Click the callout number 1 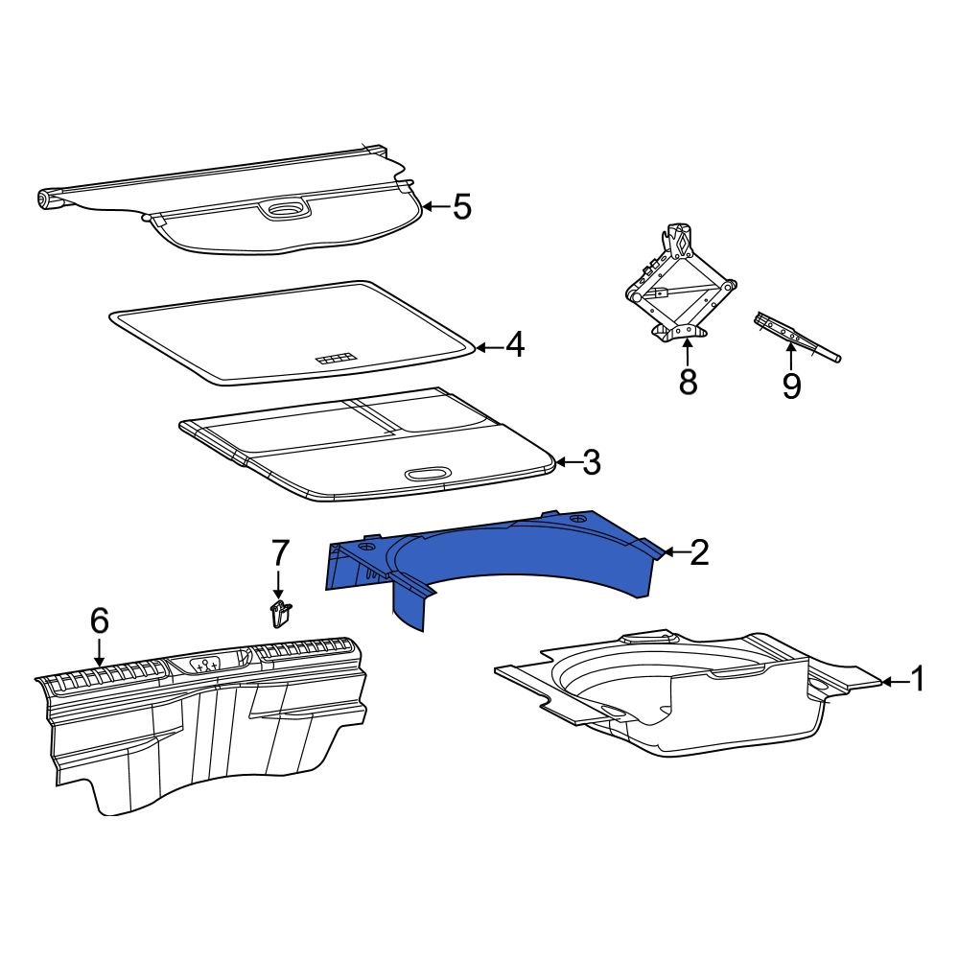pyautogui.click(x=918, y=680)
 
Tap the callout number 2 pyautogui.click(x=699, y=552)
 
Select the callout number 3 pyautogui.click(x=591, y=462)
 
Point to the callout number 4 pyautogui.click(x=515, y=345)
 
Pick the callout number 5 pyautogui.click(x=462, y=206)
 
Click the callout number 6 pyautogui.click(x=99, y=621)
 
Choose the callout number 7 pyautogui.click(x=279, y=552)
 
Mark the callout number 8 pyautogui.click(x=688, y=382)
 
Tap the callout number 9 pyautogui.click(x=791, y=386)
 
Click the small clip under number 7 pyautogui.click(x=280, y=613)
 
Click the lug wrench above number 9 pyautogui.click(x=796, y=337)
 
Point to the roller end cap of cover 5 pyautogui.click(x=44, y=199)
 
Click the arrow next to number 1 pyautogui.click(x=892, y=681)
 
